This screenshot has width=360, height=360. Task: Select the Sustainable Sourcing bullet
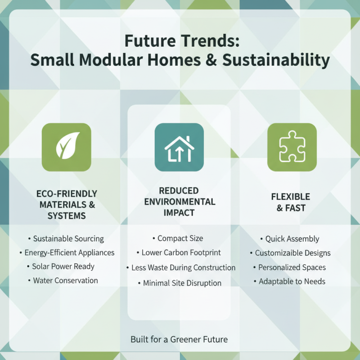click(x=66, y=238)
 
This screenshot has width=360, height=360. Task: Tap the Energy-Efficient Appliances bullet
click(x=67, y=252)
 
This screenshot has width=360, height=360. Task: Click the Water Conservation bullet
click(x=63, y=280)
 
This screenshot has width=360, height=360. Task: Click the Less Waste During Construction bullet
click(x=180, y=267)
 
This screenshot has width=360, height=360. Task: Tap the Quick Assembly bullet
click(x=290, y=238)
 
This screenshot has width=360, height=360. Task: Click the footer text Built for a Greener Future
click(x=179, y=339)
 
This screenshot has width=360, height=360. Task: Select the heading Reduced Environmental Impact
click(x=180, y=201)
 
